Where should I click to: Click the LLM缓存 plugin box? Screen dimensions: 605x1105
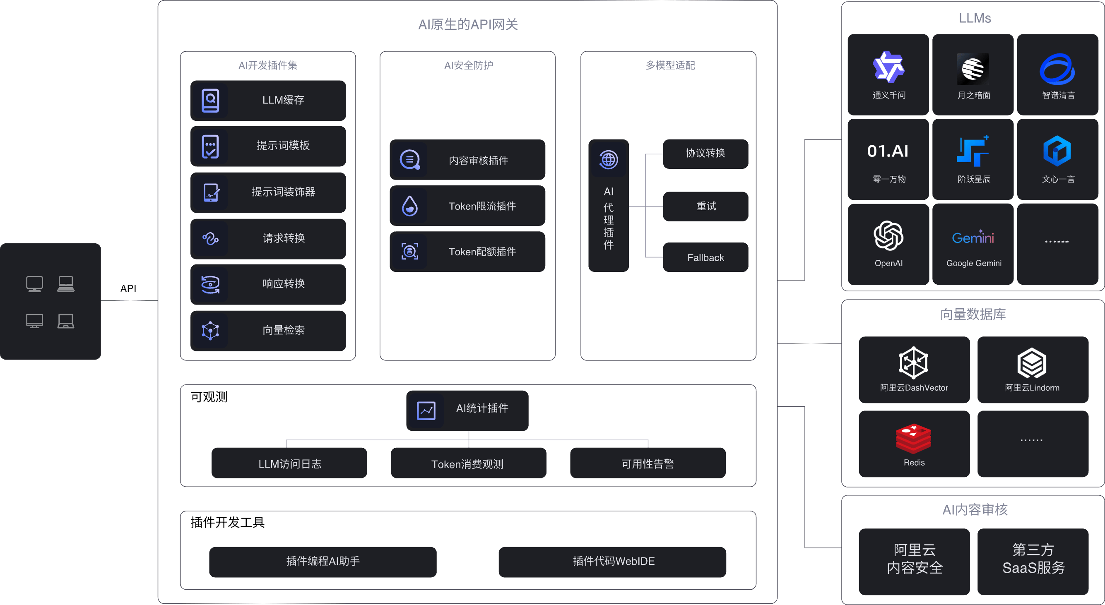point(268,100)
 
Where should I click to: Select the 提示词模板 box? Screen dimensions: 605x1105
point(268,146)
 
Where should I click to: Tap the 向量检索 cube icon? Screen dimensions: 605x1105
point(210,331)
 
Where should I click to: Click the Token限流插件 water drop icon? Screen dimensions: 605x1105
point(409,206)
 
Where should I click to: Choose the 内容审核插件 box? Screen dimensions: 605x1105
point(467,160)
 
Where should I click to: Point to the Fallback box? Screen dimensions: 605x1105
point(705,257)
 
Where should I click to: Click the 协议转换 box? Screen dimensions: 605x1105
point(705,154)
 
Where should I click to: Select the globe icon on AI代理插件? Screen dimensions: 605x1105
point(608,160)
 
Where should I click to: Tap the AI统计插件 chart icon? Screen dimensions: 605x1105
point(426,411)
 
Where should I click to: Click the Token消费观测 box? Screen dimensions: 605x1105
point(468,463)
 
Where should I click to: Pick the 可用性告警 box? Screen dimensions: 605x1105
point(648,463)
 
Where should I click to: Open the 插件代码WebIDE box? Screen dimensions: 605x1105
point(613,561)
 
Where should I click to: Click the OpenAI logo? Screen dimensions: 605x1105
point(888,235)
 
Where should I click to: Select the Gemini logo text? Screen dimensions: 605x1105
point(973,237)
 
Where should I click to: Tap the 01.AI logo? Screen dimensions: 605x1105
point(888,151)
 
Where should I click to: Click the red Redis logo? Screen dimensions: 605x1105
point(913,439)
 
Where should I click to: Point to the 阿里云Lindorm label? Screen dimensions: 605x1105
point(1032,388)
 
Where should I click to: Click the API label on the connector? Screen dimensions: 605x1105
point(128,288)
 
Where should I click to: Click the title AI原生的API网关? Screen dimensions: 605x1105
point(467,24)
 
